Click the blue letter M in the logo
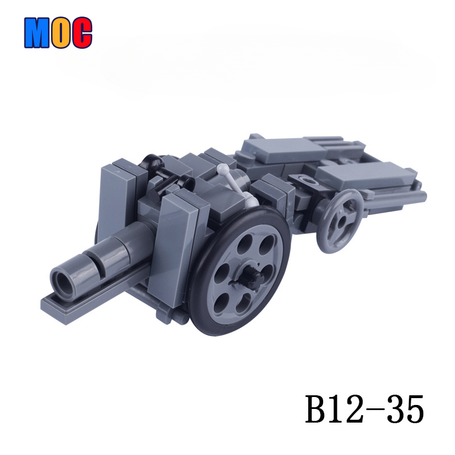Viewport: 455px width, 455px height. (37, 32)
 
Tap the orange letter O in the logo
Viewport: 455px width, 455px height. (61, 32)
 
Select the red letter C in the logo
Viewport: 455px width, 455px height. (82, 32)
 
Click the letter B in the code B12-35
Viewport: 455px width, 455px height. (318, 409)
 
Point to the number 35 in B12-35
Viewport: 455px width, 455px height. (406, 409)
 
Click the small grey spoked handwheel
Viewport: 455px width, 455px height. (340, 221)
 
